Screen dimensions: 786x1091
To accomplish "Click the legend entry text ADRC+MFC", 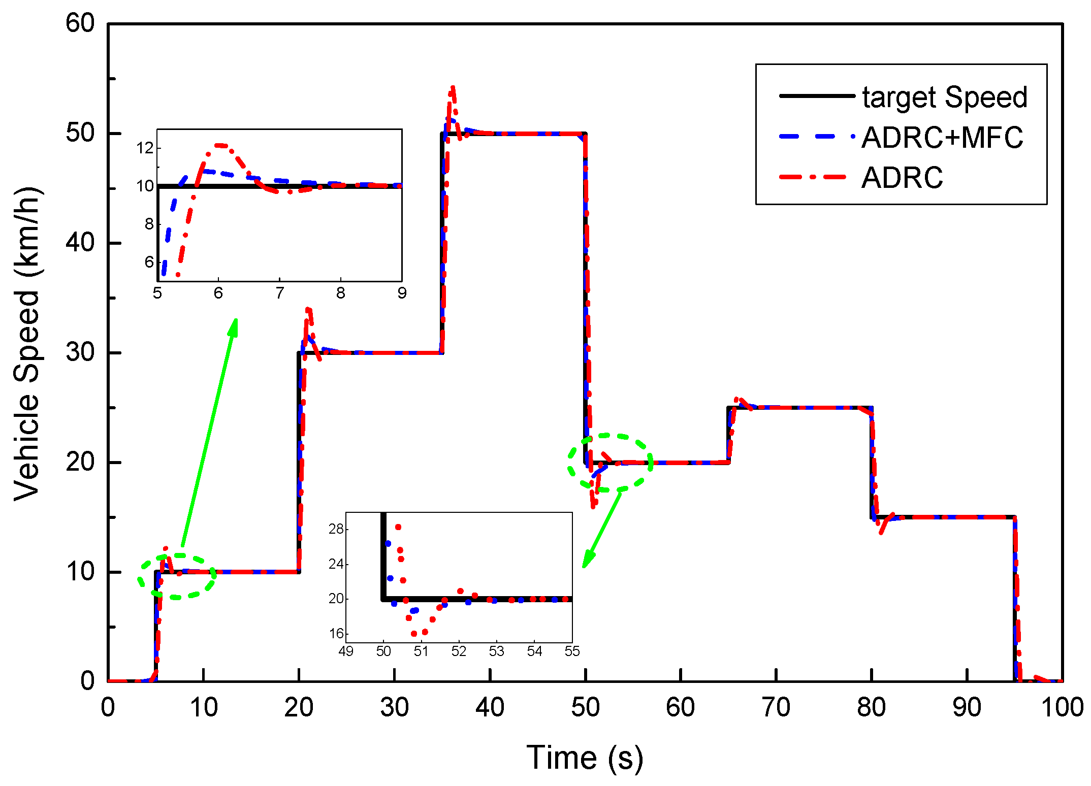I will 942,137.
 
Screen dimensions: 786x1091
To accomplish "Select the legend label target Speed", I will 944,97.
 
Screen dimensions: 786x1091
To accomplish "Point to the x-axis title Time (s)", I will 585,758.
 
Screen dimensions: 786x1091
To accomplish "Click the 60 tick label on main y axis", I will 80,23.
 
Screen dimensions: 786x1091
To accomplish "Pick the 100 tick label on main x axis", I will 1062,707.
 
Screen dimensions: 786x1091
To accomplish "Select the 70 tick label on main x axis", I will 776,707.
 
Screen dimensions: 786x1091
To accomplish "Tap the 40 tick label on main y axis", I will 80,243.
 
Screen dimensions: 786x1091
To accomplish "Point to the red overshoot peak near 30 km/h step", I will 308,310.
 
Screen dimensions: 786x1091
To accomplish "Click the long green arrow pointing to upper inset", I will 209,432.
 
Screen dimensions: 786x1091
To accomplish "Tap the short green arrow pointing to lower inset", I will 603,528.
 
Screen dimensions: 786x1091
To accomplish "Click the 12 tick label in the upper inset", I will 145,148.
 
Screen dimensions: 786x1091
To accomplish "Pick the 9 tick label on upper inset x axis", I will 402,293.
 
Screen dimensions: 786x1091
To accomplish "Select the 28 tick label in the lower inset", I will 336,529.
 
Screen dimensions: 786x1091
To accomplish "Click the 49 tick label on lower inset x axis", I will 346,651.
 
